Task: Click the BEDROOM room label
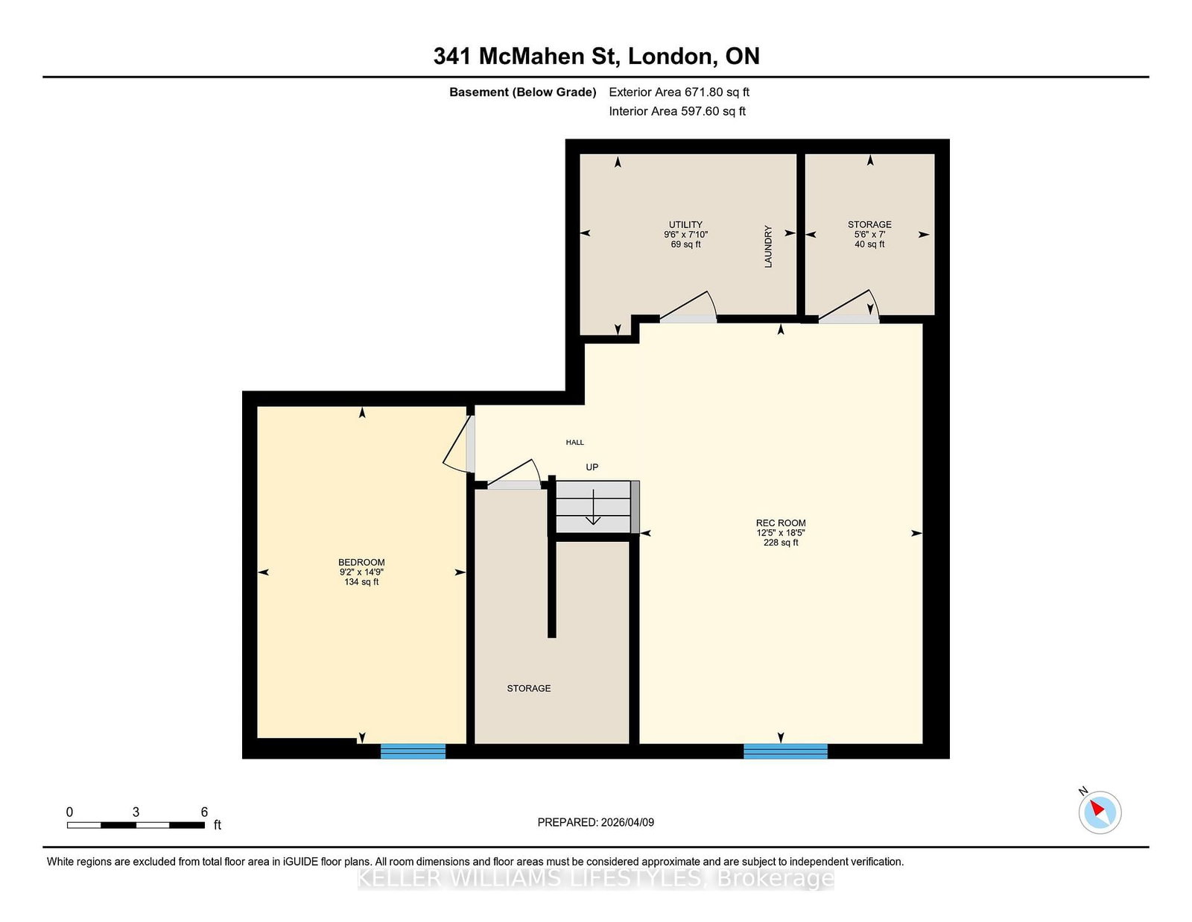pos(361,562)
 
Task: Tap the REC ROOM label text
pos(781,523)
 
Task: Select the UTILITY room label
pos(685,224)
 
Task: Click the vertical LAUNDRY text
pos(768,247)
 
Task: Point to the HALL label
pos(575,442)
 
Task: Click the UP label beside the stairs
pos(592,467)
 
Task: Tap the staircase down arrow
pos(593,507)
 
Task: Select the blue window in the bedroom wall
pos(413,751)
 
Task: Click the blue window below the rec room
pos(785,751)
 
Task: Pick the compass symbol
pos(1100,812)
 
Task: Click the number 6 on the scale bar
pos(204,812)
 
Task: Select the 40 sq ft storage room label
pos(869,234)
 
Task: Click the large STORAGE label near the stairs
pos(529,688)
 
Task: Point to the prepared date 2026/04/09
pos(627,822)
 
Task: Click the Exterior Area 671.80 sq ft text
pos(679,92)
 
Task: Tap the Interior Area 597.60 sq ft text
pos(677,111)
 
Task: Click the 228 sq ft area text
pos(781,542)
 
